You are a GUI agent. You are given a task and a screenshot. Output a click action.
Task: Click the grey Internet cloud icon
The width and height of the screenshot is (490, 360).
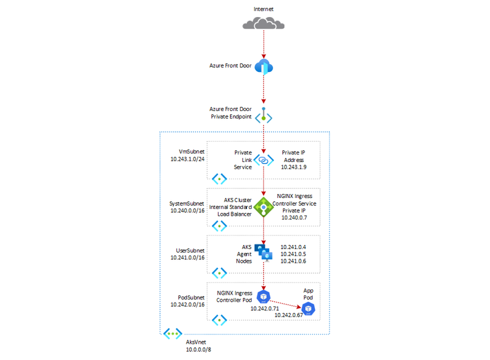pos(263,24)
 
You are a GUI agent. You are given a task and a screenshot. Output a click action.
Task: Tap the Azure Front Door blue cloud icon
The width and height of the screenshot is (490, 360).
pos(264,67)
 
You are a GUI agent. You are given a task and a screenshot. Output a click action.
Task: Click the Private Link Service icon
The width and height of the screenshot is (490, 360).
pos(263,160)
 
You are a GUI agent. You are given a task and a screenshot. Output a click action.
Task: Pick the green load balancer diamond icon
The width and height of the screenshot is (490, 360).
pos(263,207)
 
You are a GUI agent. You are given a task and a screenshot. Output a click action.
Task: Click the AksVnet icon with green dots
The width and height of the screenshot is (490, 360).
pos(172,334)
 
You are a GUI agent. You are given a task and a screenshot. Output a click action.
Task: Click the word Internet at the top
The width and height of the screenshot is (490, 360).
pos(263,8)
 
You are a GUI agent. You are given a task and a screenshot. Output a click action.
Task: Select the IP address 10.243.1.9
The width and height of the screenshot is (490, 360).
pos(294,167)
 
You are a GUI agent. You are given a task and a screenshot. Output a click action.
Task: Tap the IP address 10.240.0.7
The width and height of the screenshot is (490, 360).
pos(293,218)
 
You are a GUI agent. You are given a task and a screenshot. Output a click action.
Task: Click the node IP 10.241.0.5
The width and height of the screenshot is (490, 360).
pos(293,254)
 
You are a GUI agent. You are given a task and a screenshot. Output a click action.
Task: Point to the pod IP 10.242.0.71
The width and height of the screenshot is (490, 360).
pos(265,308)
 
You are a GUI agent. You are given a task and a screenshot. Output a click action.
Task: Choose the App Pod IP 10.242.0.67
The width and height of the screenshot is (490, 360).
pos(289,315)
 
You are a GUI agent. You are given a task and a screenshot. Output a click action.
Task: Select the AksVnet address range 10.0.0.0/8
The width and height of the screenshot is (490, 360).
pos(199,350)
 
